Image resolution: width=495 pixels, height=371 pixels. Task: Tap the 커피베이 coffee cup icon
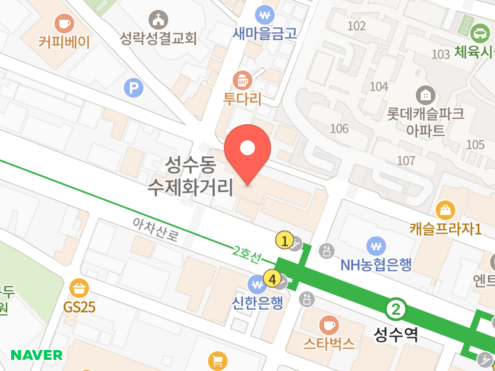64,23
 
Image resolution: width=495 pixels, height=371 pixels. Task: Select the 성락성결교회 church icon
159,19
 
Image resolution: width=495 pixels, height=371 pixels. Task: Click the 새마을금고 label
265,33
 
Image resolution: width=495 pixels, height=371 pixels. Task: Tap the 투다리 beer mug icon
241,80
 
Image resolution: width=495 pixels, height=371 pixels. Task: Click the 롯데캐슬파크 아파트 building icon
426,95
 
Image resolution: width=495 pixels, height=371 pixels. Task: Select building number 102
357,26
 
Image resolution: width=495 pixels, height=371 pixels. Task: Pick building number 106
340,129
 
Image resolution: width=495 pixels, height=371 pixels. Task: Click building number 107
406,161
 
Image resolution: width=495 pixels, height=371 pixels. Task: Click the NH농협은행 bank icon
376,245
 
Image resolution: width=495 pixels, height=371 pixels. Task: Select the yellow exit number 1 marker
284,240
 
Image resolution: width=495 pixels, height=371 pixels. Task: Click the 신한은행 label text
257,303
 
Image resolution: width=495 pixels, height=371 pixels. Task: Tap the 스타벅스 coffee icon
329,325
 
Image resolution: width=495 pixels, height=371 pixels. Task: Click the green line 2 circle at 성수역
396,308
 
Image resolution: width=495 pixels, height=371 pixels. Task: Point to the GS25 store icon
80,288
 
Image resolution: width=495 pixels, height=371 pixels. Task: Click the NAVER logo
37,355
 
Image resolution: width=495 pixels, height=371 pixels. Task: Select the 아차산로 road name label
155,229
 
